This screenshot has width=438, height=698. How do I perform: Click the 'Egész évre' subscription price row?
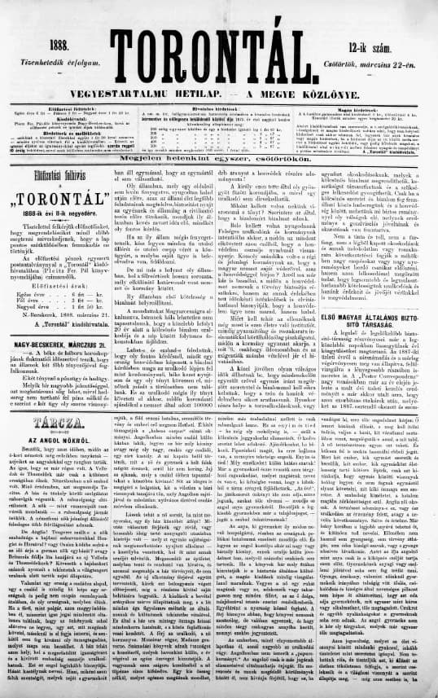[x=57, y=306]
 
